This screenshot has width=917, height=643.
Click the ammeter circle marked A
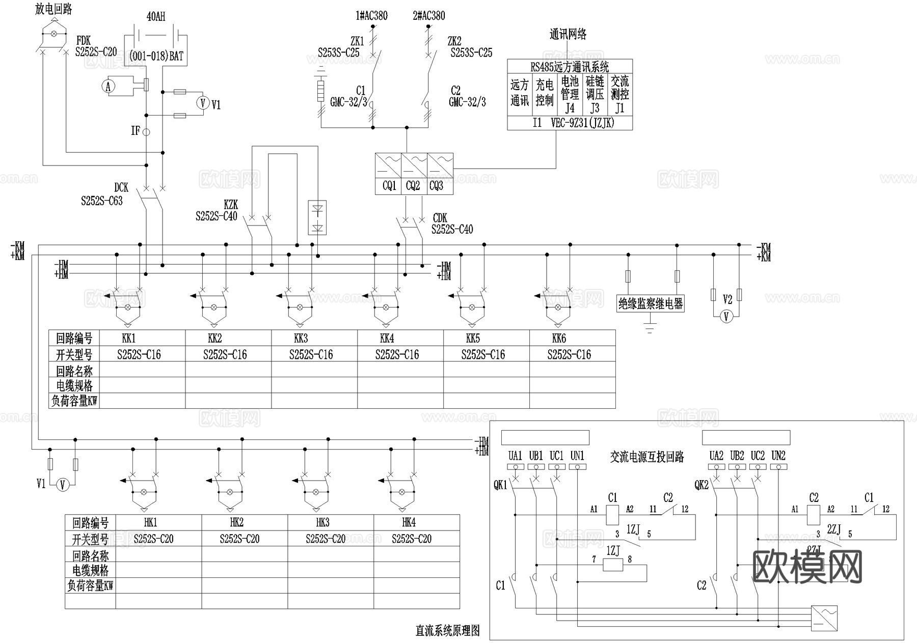(x=108, y=87)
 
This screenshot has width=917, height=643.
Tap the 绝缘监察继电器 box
(x=650, y=304)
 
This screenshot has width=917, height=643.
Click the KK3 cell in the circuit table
(x=301, y=339)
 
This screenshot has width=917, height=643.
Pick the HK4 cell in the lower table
(x=409, y=522)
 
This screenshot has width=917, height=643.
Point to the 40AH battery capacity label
(x=156, y=17)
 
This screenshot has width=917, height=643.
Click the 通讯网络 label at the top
(x=568, y=34)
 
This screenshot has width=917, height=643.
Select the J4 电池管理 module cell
(x=570, y=95)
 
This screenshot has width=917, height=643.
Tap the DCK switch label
(x=121, y=188)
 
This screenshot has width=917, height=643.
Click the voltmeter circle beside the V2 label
(x=726, y=317)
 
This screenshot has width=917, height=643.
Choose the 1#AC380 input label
(x=371, y=16)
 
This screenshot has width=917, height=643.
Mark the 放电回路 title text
(x=53, y=9)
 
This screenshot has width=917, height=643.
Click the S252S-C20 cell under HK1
(x=153, y=539)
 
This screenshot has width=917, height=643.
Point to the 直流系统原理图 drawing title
(x=448, y=631)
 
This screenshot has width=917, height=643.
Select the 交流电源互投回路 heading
(x=647, y=457)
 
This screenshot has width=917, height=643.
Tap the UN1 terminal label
(x=577, y=456)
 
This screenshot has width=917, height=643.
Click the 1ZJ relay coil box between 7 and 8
(x=613, y=564)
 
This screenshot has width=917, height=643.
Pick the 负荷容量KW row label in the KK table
(x=74, y=401)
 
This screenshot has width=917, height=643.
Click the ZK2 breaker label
(x=454, y=41)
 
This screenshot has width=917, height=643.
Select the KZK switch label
(x=231, y=205)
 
